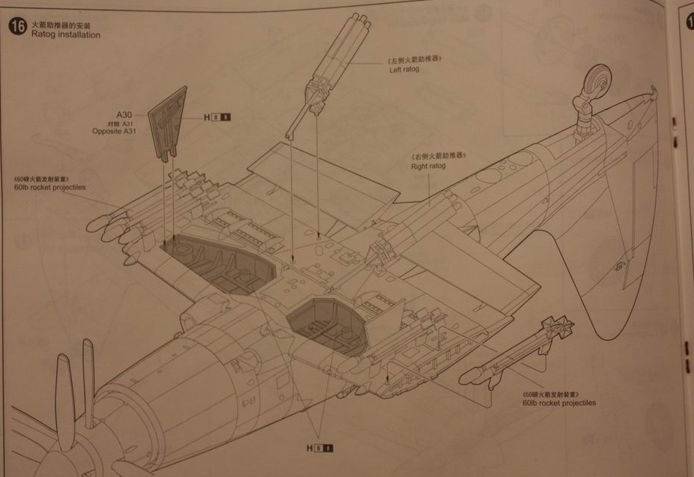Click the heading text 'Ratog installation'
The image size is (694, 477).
click(66, 35)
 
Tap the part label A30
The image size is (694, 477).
click(124, 115)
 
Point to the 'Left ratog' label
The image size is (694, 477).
click(404, 70)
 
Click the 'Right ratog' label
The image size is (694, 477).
click(428, 165)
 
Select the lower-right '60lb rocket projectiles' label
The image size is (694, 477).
click(559, 403)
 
